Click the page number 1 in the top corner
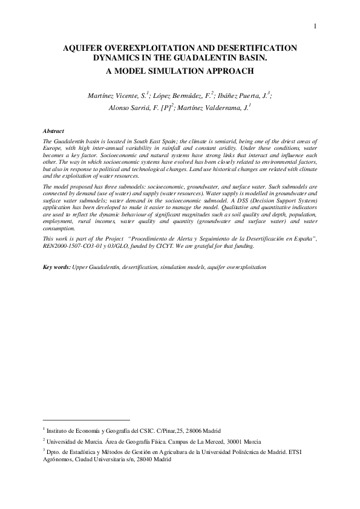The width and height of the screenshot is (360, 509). coord(316,25)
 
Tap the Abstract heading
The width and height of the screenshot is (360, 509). coord(55,131)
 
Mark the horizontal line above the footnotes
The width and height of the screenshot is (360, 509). coord(87,420)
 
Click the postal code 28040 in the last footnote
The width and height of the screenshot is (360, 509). coord(143,459)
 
